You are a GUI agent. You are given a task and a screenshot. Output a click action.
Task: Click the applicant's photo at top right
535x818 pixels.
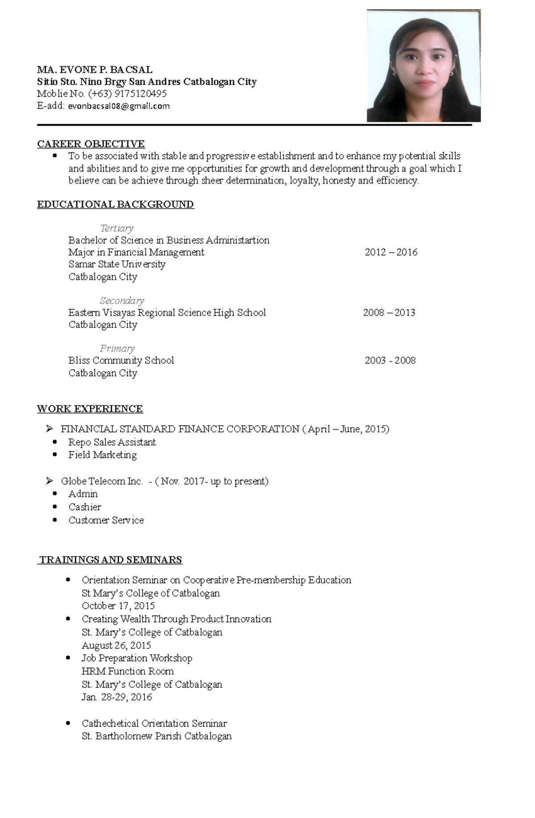[x=423, y=66]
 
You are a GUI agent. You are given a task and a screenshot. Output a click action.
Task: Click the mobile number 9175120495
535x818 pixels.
[x=140, y=94]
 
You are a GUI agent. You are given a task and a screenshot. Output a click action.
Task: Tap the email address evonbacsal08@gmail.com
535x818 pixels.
[x=119, y=106]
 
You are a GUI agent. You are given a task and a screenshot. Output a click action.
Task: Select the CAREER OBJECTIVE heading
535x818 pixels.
[x=91, y=144]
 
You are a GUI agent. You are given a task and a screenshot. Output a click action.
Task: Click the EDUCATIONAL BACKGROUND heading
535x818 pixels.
[x=115, y=205]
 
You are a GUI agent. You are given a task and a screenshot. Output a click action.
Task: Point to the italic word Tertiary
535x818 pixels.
[x=117, y=228]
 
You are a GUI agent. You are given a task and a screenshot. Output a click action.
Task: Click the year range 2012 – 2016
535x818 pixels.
[x=391, y=252]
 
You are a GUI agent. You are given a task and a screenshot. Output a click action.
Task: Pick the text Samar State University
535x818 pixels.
[x=117, y=264]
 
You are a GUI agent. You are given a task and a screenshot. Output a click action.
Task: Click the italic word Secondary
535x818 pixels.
[x=122, y=300]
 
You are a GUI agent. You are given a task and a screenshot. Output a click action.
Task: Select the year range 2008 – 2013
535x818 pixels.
[x=389, y=312]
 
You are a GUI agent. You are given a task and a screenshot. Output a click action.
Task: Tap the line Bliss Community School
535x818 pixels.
[x=121, y=360]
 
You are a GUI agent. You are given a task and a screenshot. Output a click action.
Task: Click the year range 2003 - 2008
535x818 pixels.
[x=390, y=360]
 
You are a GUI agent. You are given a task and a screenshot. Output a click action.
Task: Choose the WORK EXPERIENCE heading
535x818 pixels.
[x=90, y=409]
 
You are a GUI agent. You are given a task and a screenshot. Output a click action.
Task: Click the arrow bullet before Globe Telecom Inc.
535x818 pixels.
[x=49, y=481]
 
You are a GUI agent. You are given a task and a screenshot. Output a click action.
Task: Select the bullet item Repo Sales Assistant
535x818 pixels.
[x=112, y=442]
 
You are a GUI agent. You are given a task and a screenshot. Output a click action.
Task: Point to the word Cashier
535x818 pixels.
[x=85, y=507]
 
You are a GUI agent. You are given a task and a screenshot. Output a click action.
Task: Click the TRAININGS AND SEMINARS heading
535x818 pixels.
[x=111, y=560]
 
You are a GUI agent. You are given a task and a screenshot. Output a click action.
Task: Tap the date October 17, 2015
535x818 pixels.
[x=118, y=606]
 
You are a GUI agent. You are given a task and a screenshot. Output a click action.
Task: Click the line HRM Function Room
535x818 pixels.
[x=128, y=671]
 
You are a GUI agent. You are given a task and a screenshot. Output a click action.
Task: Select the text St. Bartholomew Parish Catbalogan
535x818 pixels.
[x=156, y=736]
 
